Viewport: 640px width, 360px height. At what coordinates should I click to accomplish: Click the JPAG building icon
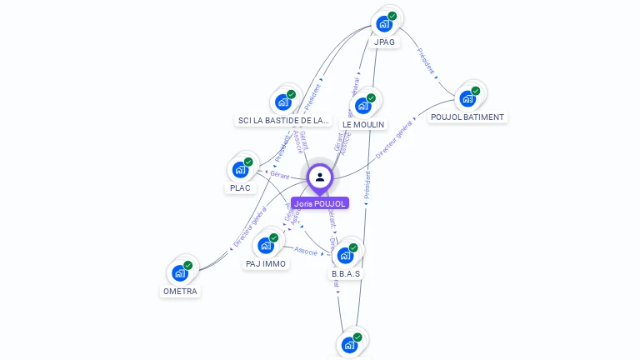pos(384,23)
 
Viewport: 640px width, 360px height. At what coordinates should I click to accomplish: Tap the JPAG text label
pos(385,42)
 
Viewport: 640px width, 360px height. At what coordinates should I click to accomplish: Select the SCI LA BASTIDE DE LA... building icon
pos(283,102)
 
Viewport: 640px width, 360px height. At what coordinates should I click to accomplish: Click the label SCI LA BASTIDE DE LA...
pos(283,121)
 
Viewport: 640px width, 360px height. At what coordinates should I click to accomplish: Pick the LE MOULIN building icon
pos(362,105)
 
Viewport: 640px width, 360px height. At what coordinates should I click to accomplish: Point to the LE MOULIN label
pos(363,125)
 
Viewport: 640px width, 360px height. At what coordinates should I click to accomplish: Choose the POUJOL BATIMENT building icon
pos(467,97)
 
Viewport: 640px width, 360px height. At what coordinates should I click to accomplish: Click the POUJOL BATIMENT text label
pos(467,117)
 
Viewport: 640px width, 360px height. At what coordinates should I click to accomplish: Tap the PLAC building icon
pos(240,169)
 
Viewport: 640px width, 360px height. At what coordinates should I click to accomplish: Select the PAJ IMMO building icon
pos(266,245)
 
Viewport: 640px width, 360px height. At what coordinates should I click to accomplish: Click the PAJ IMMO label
pos(266,264)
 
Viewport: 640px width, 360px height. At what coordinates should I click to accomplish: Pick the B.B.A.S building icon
pos(345,255)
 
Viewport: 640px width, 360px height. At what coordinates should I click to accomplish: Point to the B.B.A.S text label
pos(346,273)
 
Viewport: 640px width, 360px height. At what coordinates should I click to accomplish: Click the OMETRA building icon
pos(180,272)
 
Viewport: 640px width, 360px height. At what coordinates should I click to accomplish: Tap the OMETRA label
pos(180,292)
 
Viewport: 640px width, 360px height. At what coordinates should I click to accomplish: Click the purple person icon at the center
pos(320,177)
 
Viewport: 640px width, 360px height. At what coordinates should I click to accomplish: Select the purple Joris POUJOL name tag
pos(320,203)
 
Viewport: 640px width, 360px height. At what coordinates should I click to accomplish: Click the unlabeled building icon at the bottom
pos(349,344)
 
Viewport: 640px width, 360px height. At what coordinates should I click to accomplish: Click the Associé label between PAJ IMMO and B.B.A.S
pos(307,250)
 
